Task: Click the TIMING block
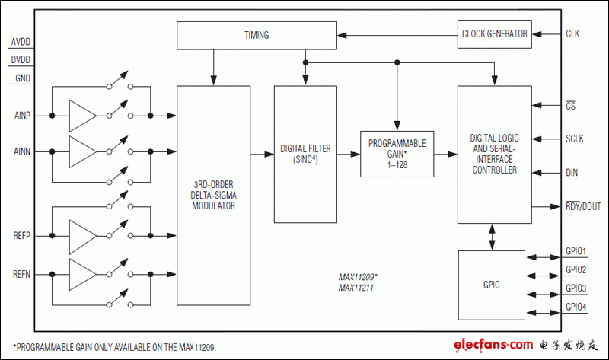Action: (x=257, y=35)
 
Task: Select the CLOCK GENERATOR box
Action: (x=494, y=33)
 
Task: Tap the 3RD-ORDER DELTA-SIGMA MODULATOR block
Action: (x=213, y=196)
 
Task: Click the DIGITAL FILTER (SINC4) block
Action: (x=304, y=155)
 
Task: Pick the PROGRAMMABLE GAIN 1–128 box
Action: (x=397, y=154)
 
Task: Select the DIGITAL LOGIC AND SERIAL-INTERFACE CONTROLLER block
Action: (x=494, y=155)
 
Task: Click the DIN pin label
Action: (x=572, y=173)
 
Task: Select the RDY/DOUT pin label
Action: (x=583, y=206)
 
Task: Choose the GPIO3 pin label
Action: (x=576, y=288)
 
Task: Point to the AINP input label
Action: (x=22, y=116)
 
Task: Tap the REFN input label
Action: (x=22, y=272)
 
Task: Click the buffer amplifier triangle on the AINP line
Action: (x=82, y=116)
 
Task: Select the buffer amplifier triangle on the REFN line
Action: (x=82, y=272)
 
